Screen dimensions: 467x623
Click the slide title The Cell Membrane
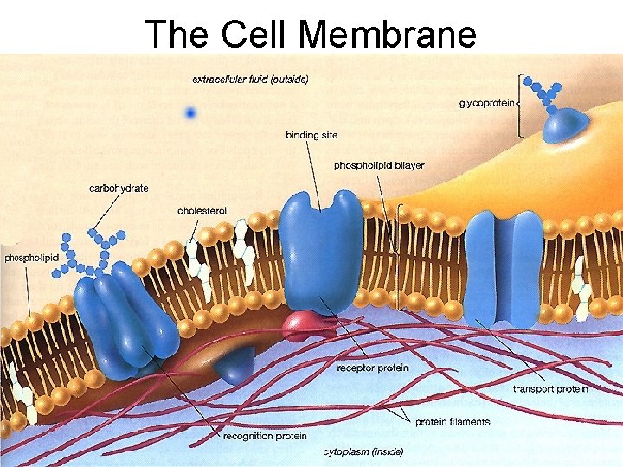click(311, 33)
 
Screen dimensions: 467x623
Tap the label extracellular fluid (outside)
click(250, 79)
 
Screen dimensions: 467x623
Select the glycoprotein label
click(487, 103)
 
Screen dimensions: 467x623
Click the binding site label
click(311, 135)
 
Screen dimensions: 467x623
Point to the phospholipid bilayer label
click(379, 165)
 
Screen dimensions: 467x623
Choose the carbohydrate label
click(119, 188)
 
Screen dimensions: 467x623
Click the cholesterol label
click(202, 210)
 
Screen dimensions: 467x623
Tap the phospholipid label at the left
click(31, 257)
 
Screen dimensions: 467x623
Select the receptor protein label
click(373, 368)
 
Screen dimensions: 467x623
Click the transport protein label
click(549, 389)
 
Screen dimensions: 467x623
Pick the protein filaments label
click(453, 422)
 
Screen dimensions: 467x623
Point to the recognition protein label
click(265, 436)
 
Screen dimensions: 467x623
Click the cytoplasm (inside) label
click(363, 451)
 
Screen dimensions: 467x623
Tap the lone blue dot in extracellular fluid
click(190, 112)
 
